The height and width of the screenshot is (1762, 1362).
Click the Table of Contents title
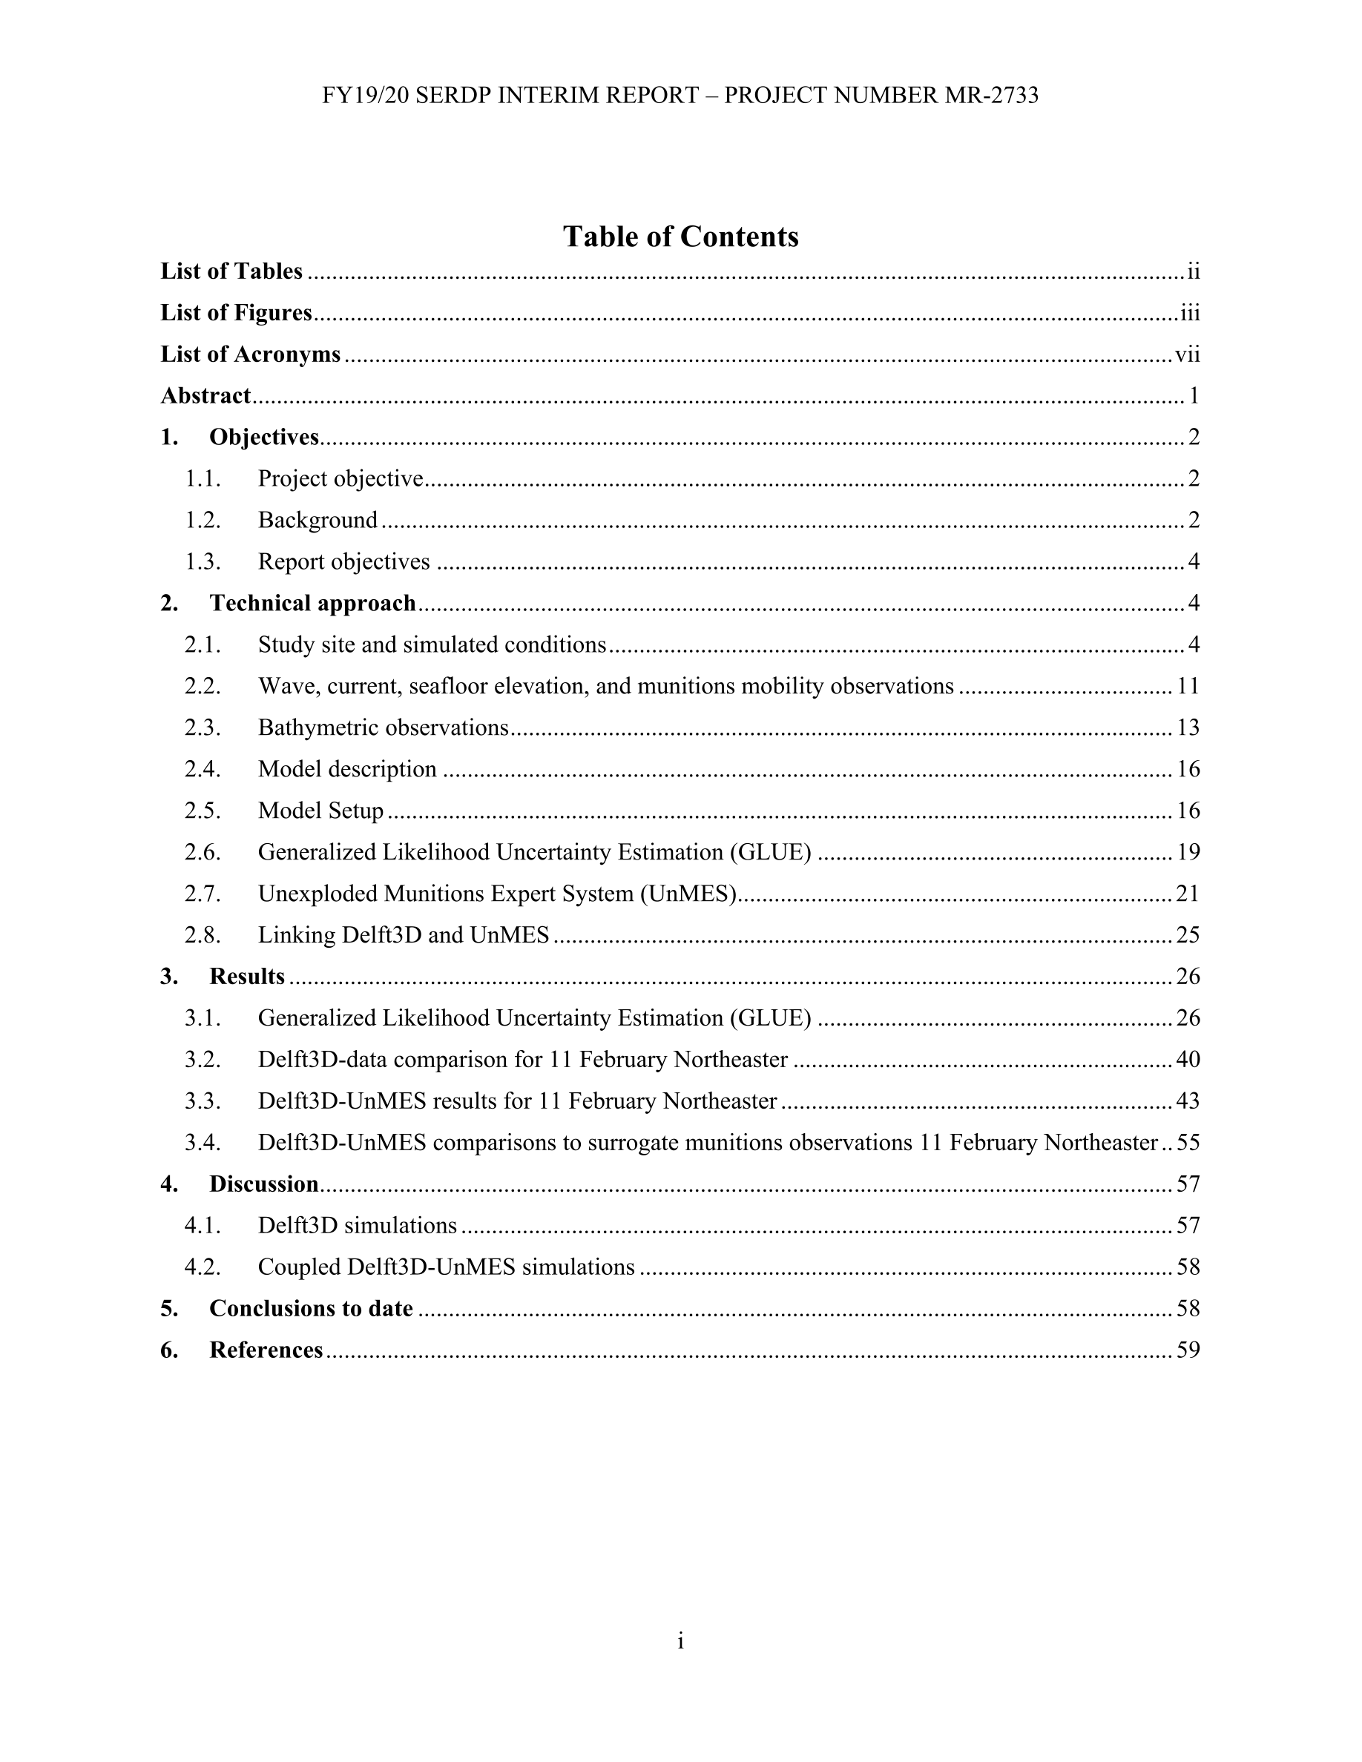point(680,237)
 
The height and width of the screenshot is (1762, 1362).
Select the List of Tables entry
point(231,271)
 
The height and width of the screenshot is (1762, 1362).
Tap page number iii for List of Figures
point(1190,313)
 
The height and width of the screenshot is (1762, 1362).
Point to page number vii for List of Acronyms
point(1187,354)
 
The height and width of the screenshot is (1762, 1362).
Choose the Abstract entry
point(205,395)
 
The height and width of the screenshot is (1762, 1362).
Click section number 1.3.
point(203,561)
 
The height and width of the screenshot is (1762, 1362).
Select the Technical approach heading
point(312,604)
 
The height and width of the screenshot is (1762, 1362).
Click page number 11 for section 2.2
point(1188,687)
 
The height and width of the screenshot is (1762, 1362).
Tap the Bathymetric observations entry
point(384,727)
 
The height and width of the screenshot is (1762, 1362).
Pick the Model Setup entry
point(320,811)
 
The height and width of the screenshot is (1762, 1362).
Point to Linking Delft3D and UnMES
point(404,935)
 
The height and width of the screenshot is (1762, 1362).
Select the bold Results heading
point(247,977)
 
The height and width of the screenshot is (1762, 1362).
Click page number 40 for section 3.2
point(1188,1059)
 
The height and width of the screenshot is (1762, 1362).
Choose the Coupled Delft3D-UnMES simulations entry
point(446,1267)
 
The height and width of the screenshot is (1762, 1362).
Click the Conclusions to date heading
point(311,1309)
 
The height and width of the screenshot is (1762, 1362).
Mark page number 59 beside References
point(1188,1350)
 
